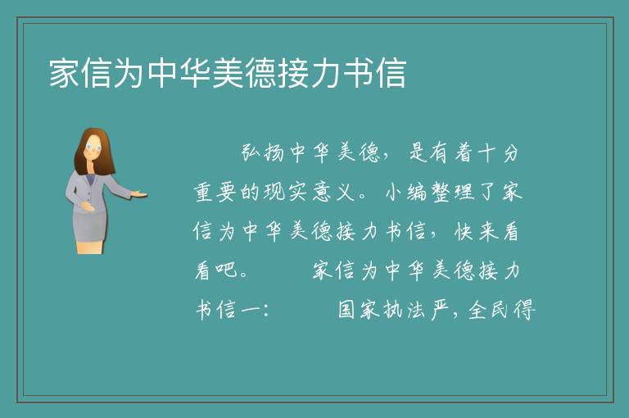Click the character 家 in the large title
pyautogui.click(x=64, y=73)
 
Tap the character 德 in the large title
pyautogui.click(x=260, y=73)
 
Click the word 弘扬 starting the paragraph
pyautogui.click(x=263, y=153)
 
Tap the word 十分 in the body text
pyautogui.click(x=499, y=153)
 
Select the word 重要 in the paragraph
pyautogui.click(x=215, y=192)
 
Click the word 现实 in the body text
pyautogui.click(x=287, y=192)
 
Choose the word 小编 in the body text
pyautogui.click(x=405, y=192)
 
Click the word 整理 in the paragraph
pyautogui.click(x=453, y=192)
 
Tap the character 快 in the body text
pyautogui.click(x=464, y=231)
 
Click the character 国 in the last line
pyautogui.click(x=346, y=309)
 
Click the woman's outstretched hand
pyautogui.click(x=138, y=194)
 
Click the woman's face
pyautogui.click(x=93, y=147)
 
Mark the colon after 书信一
pyautogui.click(x=266, y=311)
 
